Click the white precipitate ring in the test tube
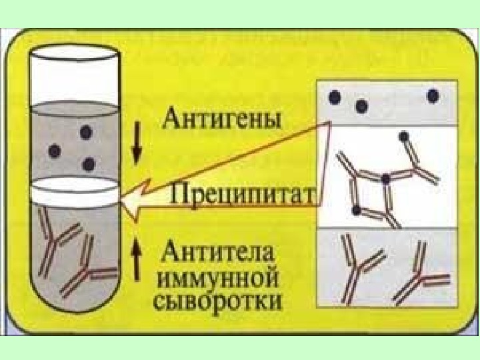coord(75,191)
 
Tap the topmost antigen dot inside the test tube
coord(85,133)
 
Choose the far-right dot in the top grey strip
coord(433,95)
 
